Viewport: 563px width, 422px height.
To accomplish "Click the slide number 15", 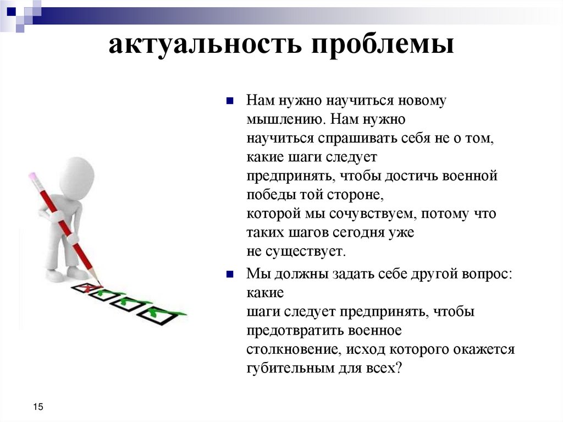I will [x=38, y=407].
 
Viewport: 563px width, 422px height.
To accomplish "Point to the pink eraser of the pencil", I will [x=32, y=177].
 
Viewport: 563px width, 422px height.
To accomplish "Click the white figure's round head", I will [x=76, y=177].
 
